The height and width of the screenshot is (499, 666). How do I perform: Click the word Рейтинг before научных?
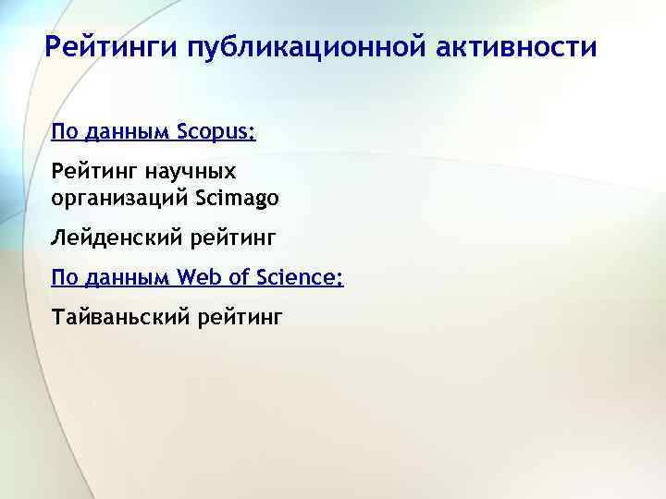(x=92, y=171)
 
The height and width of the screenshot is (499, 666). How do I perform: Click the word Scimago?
(x=237, y=198)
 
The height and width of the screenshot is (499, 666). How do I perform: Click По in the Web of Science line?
(x=65, y=278)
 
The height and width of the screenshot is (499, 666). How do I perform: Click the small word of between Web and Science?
(x=240, y=278)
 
